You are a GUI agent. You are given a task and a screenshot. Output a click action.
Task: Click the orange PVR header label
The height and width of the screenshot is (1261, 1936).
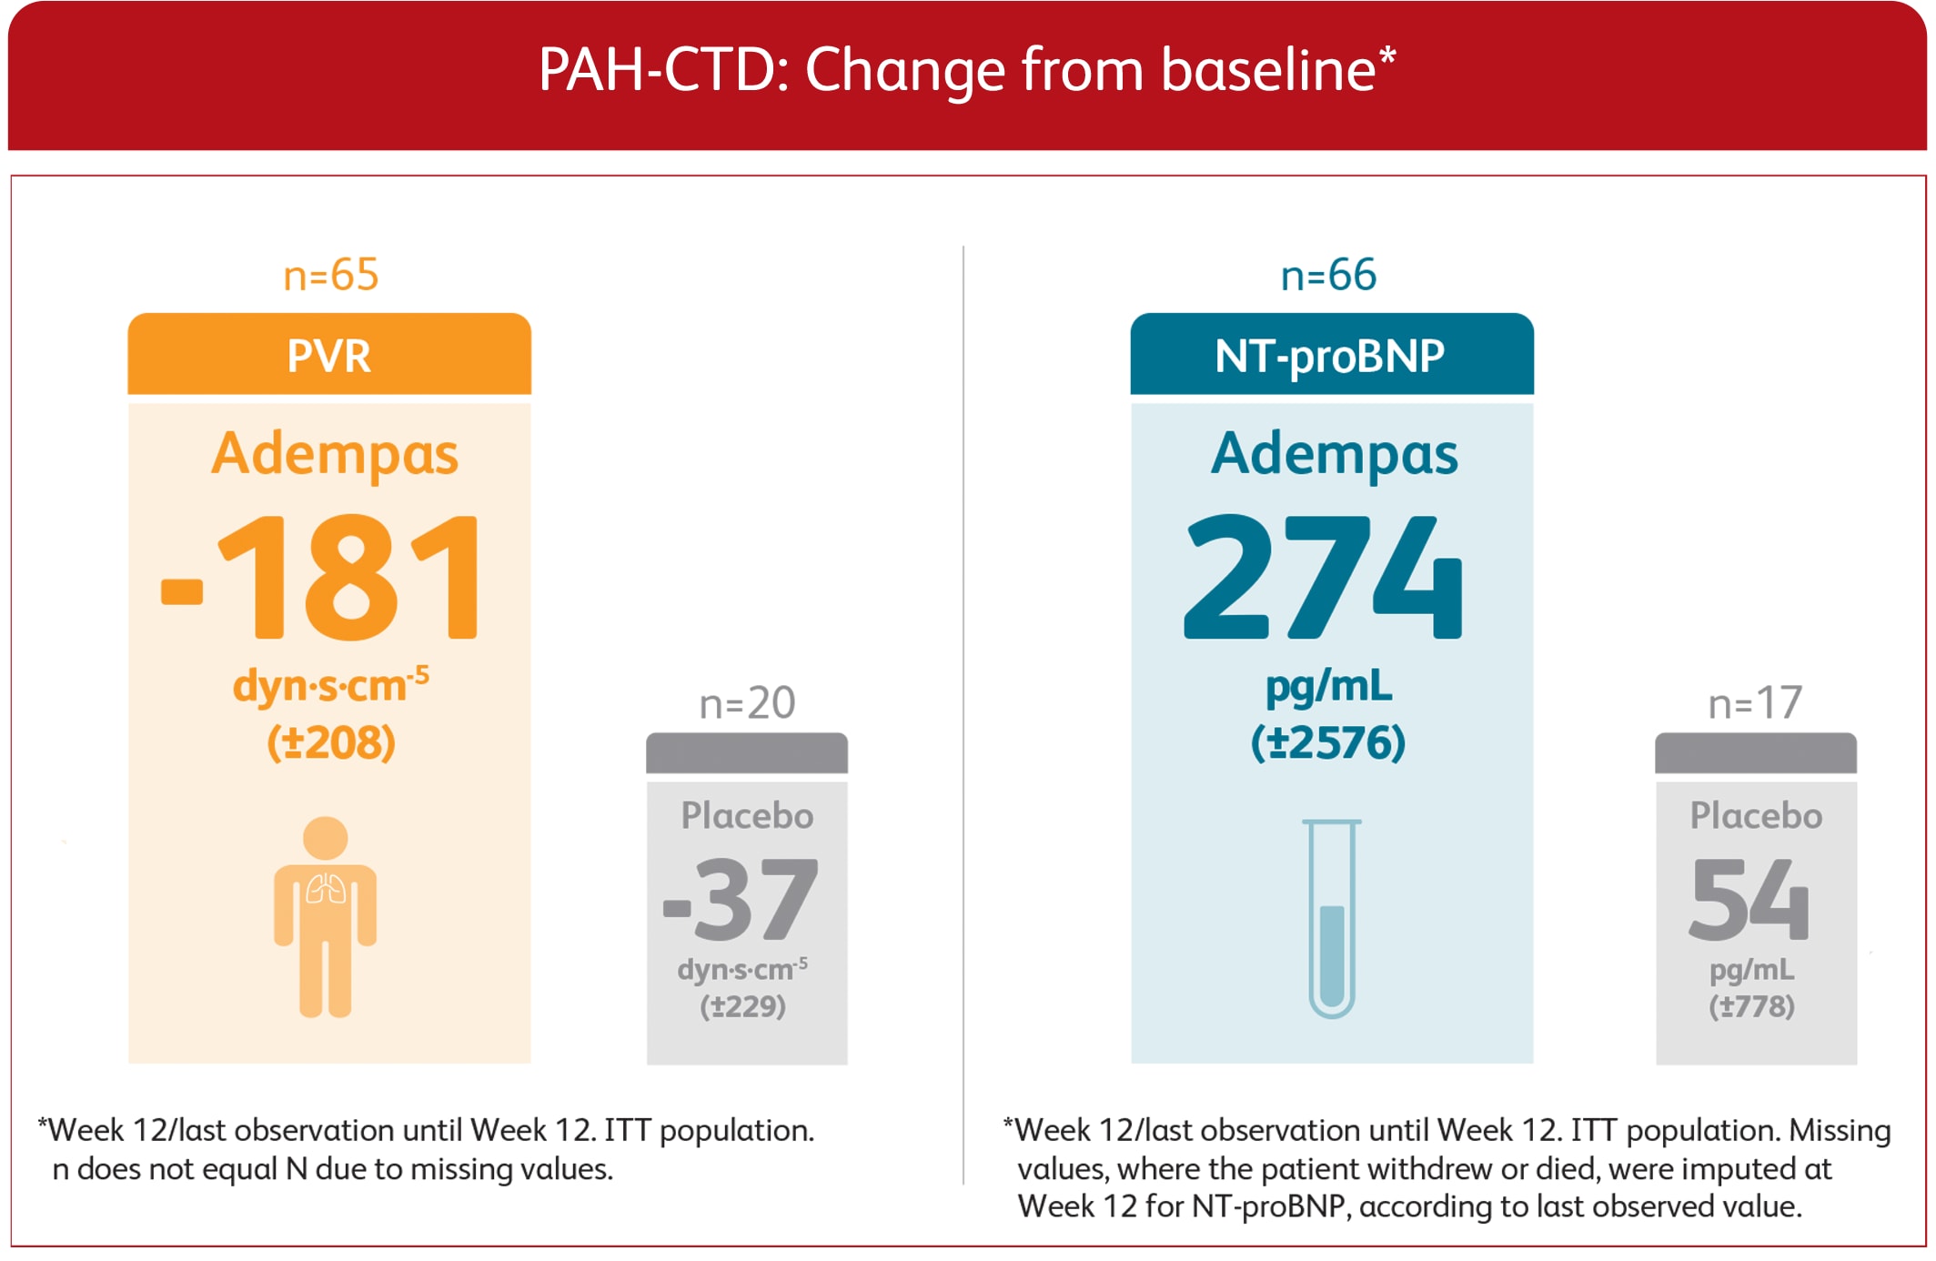click(x=329, y=355)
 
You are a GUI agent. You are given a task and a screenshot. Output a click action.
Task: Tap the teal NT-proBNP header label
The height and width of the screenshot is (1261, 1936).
click(x=1330, y=355)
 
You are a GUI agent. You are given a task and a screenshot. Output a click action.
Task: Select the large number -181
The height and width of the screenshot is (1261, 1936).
click(x=320, y=577)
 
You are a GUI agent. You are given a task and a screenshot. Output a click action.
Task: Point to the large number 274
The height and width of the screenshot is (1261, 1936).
click(x=1324, y=577)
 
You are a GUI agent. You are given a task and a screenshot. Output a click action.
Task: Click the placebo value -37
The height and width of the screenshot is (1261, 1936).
click(x=742, y=899)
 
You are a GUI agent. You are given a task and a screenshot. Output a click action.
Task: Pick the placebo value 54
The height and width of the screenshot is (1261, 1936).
click(x=1749, y=899)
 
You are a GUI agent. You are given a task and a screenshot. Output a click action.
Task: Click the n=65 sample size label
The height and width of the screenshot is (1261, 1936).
click(x=331, y=275)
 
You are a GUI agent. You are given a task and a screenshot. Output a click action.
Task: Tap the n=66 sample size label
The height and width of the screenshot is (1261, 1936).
click(x=1328, y=275)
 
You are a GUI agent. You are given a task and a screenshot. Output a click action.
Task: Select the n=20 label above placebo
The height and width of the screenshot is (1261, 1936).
click(x=747, y=703)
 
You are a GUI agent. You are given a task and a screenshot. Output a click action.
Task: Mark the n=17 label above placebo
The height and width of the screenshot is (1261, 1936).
click(x=1755, y=703)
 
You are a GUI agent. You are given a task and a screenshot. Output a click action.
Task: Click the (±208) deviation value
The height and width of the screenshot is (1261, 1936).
click(x=331, y=742)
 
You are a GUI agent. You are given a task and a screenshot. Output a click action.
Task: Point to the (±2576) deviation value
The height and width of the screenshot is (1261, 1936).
click(x=1328, y=742)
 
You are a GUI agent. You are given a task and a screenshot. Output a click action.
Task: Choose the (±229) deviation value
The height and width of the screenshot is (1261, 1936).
click(x=742, y=1006)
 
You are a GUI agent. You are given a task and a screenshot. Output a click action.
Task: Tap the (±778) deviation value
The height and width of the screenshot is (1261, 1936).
click(x=1751, y=1006)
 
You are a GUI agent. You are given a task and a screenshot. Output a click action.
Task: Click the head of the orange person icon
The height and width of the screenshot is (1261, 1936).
click(x=326, y=838)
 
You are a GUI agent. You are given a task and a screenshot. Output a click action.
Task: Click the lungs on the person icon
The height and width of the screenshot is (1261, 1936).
click(x=326, y=889)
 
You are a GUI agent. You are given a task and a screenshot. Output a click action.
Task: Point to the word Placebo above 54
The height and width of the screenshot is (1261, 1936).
click(x=1756, y=816)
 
